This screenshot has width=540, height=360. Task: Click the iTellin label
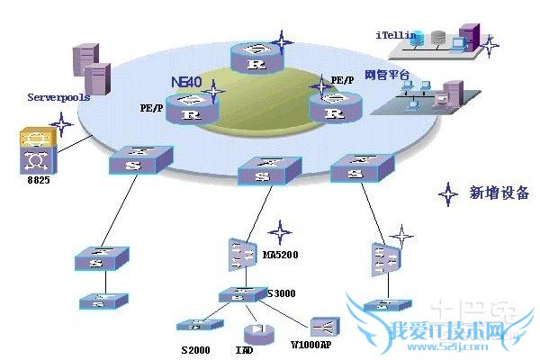click(396, 34)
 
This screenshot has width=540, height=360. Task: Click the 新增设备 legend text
click(499, 193)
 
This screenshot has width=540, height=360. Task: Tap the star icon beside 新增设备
click(447, 193)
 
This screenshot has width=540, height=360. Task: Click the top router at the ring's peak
click(257, 59)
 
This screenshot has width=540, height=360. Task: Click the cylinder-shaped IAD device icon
click(256, 330)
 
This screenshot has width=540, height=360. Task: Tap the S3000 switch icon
click(240, 294)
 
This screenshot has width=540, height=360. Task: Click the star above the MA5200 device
click(280, 229)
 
